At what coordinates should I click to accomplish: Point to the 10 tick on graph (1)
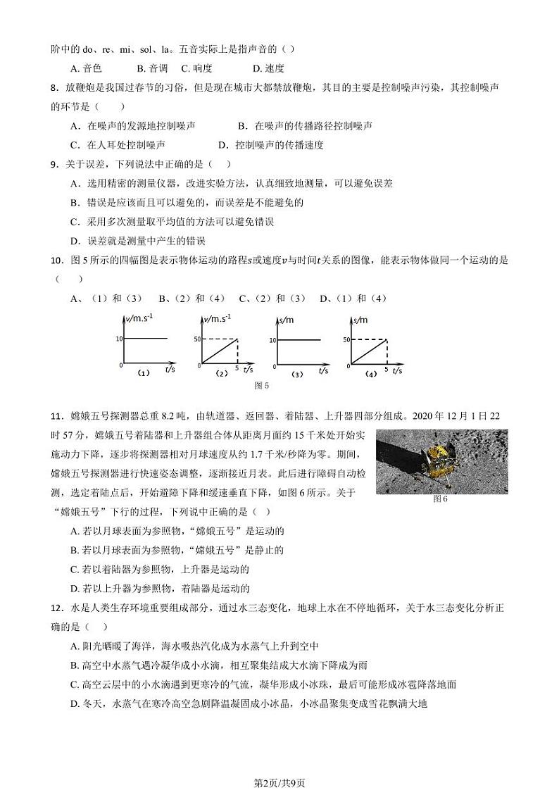119,339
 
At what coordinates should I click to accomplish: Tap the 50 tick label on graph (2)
197,339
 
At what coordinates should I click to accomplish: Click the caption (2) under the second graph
221,374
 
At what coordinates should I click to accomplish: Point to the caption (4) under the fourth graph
371,374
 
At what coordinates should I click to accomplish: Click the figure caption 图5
262,385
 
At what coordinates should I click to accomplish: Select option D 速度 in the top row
268,68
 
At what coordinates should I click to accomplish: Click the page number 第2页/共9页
279,764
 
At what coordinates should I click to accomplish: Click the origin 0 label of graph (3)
272,366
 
